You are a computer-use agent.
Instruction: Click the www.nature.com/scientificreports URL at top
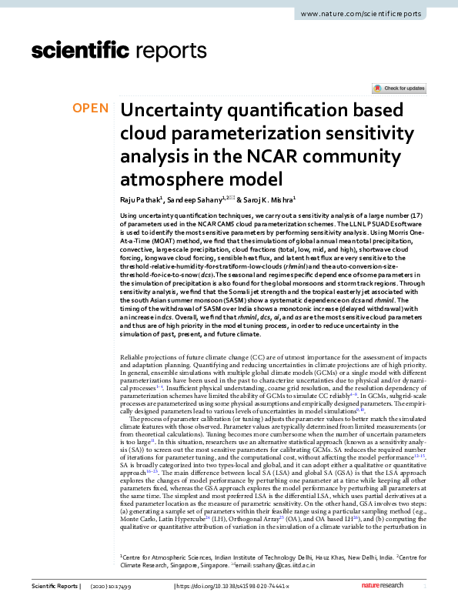(x=376, y=15)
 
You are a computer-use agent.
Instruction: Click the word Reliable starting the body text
(x=133, y=360)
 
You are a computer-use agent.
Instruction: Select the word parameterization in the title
(x=253, y=135)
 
